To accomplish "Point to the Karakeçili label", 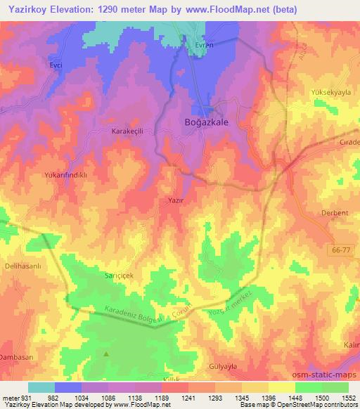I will pyautogui.click(x=127, y=131).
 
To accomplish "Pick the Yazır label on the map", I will pyautogui.click(x=176, y=200).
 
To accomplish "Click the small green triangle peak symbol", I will pyautogui.click(x=106, y=354).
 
